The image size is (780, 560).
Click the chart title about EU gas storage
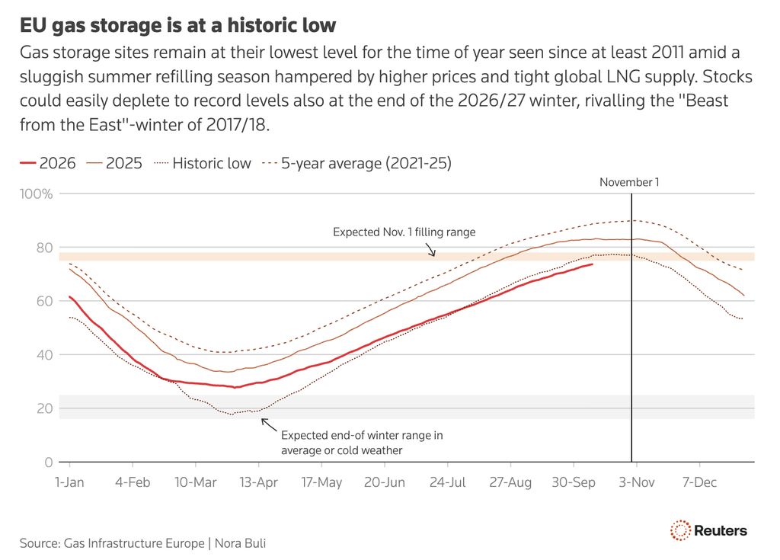tap(177, 25)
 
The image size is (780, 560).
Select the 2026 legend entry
tap(48, 163)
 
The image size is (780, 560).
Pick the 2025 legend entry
tap(114, 163)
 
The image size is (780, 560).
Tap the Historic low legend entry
tap(203, 163)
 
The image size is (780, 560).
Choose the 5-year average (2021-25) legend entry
tap(356, 163)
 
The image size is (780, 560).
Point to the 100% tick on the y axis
tap(37, 194)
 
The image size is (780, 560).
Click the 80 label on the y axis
tap(44, 248)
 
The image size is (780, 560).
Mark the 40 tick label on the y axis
tap(44, 355)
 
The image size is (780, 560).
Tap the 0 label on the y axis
tap(48, 462)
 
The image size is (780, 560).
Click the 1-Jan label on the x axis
tap(69, 482)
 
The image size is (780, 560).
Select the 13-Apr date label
tap(258, 482)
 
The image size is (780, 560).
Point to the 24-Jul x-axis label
tap(447, 482)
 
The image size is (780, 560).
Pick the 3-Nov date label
tap(636, 482)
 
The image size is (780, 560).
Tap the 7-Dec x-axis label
tap(699, 482)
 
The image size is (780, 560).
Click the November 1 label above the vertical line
tap(629, 182)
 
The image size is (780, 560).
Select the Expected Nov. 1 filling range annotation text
tap(404, 232)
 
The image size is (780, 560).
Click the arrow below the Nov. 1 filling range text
tap(430, 249)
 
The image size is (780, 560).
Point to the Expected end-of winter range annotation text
tap(362, 443)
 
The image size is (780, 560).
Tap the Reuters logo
tap(708, 530)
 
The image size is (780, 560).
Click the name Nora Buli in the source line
tap(240, 543)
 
